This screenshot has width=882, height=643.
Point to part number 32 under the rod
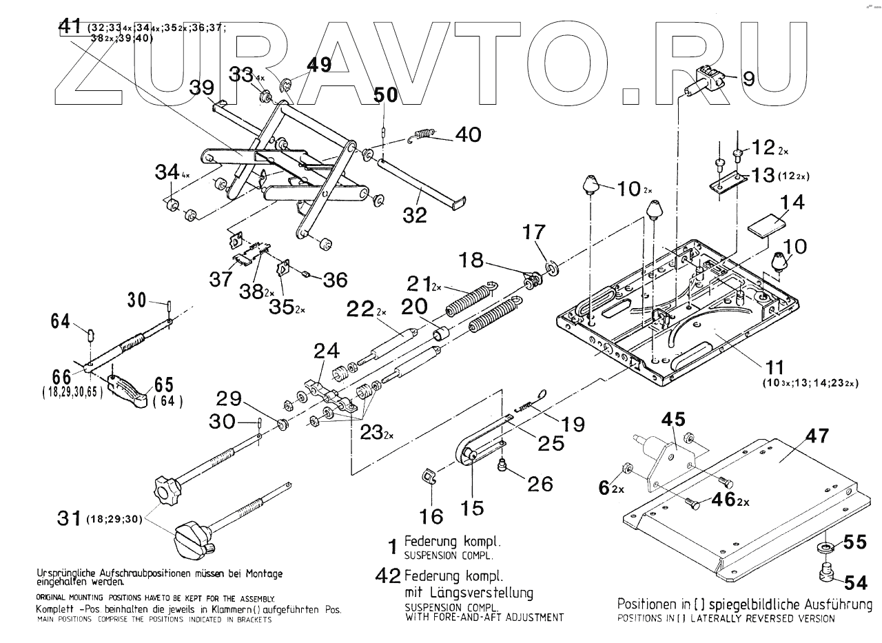pyautogui.click(x=416, y=215)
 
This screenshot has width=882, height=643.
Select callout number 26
pyautogui.click(x=540, y=484)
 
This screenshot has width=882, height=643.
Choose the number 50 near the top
pyautogui.click(x=385, y=96)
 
